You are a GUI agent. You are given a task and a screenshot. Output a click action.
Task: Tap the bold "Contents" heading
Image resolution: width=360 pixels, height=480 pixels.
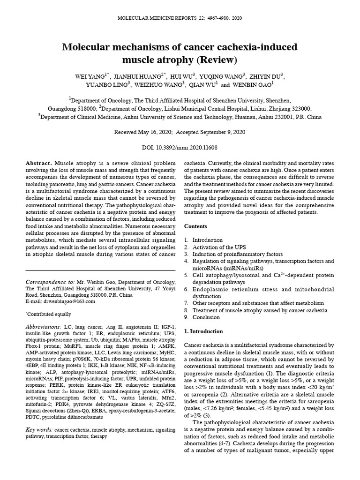click(x=195, y=226)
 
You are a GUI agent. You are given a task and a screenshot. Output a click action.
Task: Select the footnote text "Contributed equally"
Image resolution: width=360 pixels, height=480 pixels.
click(x=50, y=314)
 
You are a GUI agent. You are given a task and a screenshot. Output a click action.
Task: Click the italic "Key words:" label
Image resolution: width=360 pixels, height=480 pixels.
click(x=39, y=429)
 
